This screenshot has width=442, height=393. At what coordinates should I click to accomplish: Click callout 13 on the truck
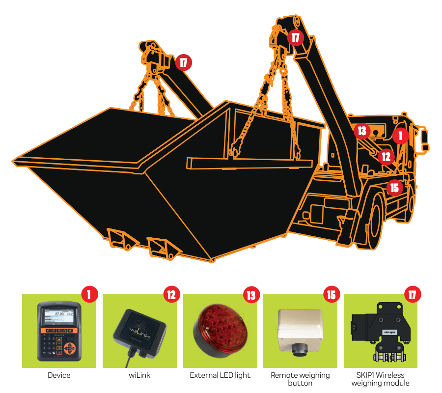tap(362, 131)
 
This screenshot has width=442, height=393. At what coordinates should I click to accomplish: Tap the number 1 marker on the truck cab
tap(400, 136)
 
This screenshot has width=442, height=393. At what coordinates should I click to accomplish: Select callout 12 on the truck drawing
tap(386, 157)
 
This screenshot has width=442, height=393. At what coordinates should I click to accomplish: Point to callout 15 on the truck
tap(395, 188)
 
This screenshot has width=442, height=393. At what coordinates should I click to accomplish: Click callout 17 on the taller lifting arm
tap(296, 37)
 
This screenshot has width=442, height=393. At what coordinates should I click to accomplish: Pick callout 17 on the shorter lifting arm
tap(184, 62)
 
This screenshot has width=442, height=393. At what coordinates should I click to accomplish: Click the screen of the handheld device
tap(59, 317)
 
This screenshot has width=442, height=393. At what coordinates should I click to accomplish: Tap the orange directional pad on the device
tap(69, 348)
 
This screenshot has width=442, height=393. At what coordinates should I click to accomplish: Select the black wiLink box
tap(140, 335)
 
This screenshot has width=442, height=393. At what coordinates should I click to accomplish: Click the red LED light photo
tap(220, 331)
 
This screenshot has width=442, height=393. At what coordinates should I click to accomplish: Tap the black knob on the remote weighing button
tap(300, 350)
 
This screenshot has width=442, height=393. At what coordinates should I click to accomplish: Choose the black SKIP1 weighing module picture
tap(381, 333)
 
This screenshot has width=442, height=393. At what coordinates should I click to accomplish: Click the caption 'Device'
tap(59, 375)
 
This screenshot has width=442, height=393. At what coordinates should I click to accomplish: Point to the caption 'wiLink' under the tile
tap(139, 375)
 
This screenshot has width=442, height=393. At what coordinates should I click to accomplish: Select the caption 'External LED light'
tap(220, 375)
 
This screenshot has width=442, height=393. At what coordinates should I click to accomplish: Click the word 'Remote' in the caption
tap(283, 375)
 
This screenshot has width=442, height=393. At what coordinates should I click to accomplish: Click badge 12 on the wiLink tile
tap(171, 295)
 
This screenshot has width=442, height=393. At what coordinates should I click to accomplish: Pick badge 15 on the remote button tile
tap(331, 295)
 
